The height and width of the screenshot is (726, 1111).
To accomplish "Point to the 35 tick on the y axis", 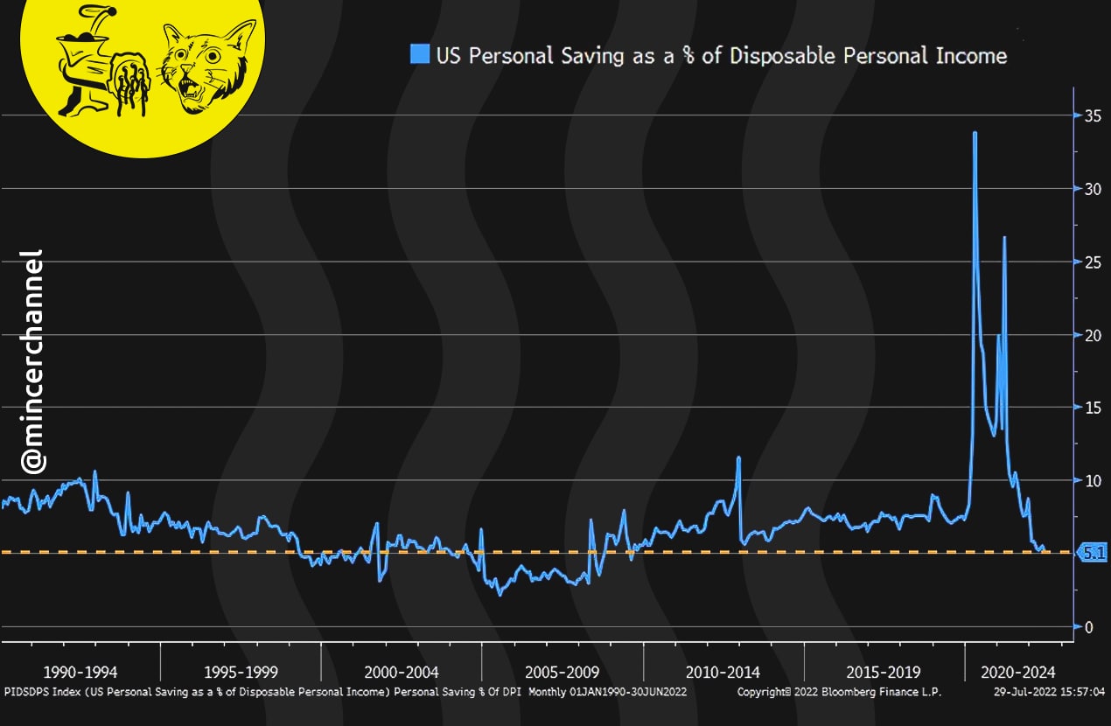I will (x=1089, y=115).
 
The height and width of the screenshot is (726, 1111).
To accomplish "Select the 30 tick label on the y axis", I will (x=1089, y=189).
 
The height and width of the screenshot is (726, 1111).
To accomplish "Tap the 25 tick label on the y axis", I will (x=1089, y=262).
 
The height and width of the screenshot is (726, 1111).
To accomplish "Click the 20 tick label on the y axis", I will (x=1089, y=335).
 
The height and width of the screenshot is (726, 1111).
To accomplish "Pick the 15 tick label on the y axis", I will (x=1089, y=408).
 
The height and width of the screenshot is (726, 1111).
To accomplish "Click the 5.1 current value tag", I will (x=1094, y=553).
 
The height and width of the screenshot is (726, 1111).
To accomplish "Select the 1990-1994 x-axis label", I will (x=81, y=673).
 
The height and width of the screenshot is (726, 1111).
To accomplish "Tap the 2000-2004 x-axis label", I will (x=402, y=673).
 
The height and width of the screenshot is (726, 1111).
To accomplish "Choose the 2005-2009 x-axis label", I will (x=562, y=673).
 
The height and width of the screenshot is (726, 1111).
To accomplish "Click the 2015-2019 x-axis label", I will (x=884, y=673).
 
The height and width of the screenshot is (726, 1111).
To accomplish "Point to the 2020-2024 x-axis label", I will (x=1018, y=673).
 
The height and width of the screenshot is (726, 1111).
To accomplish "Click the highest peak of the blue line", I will (x=975, y=133).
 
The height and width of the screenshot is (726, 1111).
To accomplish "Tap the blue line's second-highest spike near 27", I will (x=1004, y=238).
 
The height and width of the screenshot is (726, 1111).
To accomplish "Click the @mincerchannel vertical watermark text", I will (x=33, y=360).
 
